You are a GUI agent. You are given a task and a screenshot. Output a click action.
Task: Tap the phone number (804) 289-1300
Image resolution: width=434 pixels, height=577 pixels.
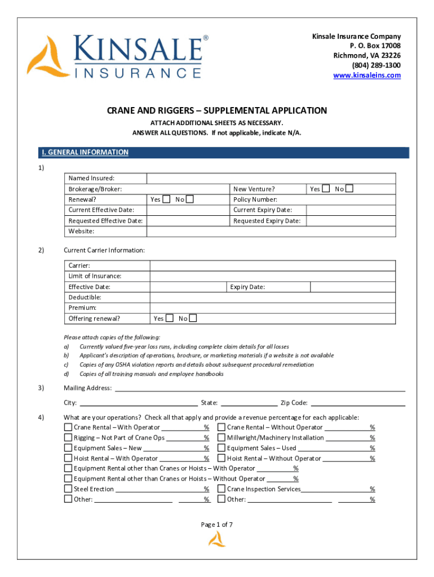click(x=376, y=65)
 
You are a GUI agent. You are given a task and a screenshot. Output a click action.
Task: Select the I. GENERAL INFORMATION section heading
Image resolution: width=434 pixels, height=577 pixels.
click(x=85, y=152)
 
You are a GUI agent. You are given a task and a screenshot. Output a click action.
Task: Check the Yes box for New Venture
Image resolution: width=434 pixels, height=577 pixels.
click(x=326, y=189)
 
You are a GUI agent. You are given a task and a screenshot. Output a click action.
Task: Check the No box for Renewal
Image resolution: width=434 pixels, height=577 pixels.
click(x=190, y=199)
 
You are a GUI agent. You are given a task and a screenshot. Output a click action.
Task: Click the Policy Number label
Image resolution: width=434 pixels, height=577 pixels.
click(x=255, y=199)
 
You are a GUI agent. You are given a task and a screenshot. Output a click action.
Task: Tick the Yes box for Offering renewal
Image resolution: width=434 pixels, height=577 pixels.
click(x=170, y=318)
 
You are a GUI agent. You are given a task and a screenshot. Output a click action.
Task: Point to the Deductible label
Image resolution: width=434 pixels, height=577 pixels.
click(x=85, y=297)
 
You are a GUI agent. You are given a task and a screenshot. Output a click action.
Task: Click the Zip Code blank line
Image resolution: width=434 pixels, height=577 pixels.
click(x=358, y=402)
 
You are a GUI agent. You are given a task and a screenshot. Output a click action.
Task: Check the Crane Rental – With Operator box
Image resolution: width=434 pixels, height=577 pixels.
click(x=68, y=428)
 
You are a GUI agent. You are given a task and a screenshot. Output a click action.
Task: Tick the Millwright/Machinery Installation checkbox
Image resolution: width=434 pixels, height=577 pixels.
click(x=222, y=438)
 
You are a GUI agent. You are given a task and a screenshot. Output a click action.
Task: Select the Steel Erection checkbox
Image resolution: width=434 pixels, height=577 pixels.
click(x=68, y=489)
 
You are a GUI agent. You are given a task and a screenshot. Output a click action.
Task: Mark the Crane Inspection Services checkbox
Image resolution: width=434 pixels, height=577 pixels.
click(x=222, y=489)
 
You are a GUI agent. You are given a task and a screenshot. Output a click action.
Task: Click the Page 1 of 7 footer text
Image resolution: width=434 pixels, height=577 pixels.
click(x=217, y=525)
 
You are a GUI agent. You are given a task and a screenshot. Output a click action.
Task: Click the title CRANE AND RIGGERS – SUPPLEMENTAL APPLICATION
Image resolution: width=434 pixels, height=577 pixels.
click(x=217, y=110)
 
